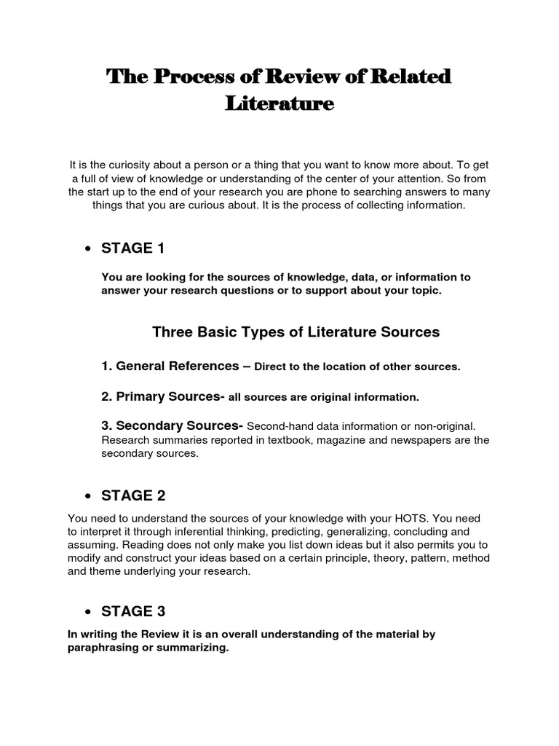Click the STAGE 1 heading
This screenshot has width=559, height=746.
pos(133,248)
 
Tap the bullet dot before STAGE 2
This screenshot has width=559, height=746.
pos(87,497)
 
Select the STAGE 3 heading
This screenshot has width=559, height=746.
pos(133,591)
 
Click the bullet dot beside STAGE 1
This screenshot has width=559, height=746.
pos(87,249)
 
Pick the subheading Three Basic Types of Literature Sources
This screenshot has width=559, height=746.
pos(296,332)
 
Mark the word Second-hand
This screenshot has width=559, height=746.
pos(278,426)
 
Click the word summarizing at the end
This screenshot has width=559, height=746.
pos(194,648)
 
